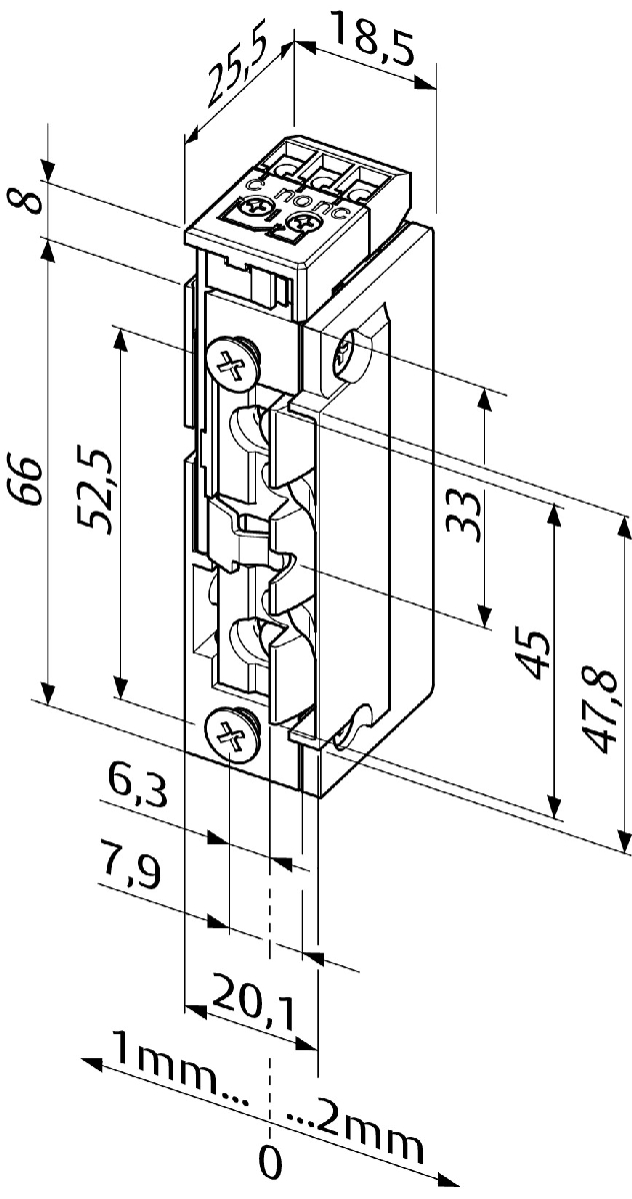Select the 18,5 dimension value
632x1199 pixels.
373,37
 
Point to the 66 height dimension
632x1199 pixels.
27,481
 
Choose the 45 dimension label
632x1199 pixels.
534,654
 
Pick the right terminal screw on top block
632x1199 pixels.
300,223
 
